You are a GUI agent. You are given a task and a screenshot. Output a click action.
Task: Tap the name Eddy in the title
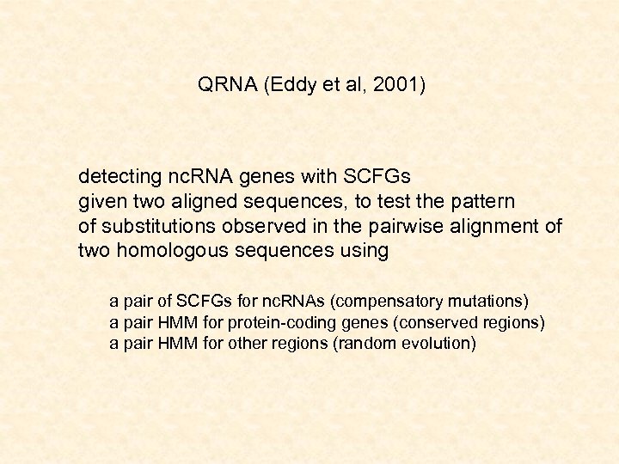coord(292,85)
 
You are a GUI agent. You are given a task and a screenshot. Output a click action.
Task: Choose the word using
coord(365,252)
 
